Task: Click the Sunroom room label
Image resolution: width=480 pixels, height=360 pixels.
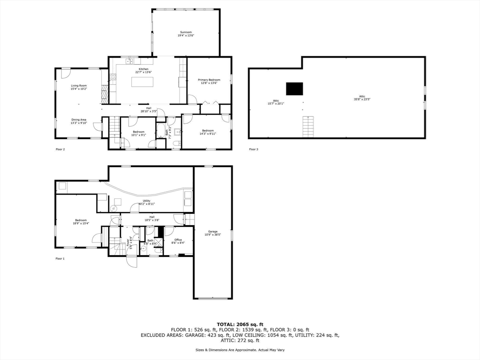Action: (186, 34)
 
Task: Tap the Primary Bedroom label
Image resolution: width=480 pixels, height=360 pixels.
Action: (209, 82)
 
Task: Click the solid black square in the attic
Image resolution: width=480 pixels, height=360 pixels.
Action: (294, 89)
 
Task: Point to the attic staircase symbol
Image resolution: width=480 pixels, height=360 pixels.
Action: (307, 127)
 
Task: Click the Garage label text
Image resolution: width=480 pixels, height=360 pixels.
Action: (213, 233)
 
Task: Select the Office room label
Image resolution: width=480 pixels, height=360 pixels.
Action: (178, 241)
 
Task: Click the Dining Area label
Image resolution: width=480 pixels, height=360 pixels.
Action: (79, 121)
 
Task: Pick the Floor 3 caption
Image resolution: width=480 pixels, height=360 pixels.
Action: (253, 150)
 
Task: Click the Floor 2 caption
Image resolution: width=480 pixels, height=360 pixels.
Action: (60, 150)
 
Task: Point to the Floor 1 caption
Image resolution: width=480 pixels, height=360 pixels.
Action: (60, 258)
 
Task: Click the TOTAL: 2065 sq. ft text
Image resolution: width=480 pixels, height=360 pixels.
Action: (240, 324)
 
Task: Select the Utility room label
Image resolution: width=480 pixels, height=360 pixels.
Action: (147, 202)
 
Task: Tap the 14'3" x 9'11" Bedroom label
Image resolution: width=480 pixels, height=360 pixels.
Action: (208, 132)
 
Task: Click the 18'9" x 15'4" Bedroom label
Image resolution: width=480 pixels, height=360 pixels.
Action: (81, 222)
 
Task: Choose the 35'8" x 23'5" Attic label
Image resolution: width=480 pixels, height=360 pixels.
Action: (362, 98)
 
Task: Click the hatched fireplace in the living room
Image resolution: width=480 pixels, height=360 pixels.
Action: (105, 94)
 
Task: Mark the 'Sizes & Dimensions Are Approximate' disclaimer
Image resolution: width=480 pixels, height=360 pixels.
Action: (240, 350)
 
